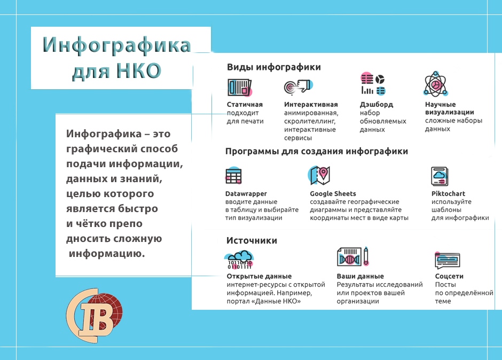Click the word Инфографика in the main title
point(117,44)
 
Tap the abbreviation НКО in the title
point(138,71)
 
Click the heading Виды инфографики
point(274,67)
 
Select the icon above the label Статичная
point(240,88)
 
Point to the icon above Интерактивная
point(298,87)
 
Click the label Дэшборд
point(376,105)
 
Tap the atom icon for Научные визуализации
point(435,84)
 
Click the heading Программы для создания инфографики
point(317,151)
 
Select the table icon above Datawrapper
point(234,176)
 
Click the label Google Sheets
point(333,193)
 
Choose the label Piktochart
point(448,193)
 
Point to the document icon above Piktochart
point(440,176)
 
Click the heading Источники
point(252,240)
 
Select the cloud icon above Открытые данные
point(239,260)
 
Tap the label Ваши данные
point(360,276)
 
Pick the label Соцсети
point(449,276)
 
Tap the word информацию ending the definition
point(107,254)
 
